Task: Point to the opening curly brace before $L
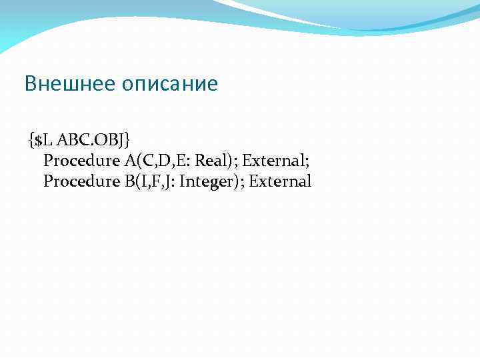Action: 31,140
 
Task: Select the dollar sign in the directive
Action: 38,140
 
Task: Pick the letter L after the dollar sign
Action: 47,140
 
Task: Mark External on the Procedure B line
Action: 281,181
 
